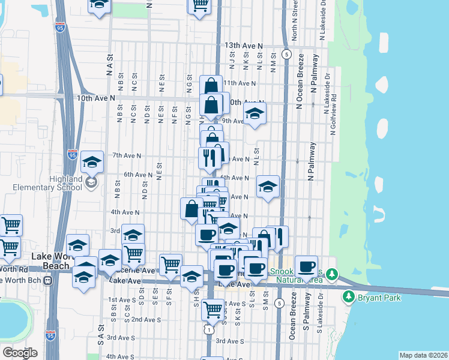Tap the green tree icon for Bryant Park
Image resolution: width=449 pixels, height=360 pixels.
(348, 296)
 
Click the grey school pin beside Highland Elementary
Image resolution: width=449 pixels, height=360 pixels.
(91, 182)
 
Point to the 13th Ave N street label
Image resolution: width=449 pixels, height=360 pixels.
(244, 46)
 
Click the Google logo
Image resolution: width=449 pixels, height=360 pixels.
(20, 352)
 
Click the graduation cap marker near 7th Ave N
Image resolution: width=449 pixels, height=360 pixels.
(92, 161)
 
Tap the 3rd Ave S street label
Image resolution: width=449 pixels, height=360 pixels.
(231, 341)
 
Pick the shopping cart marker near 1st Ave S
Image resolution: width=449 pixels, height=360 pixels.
(212, 310)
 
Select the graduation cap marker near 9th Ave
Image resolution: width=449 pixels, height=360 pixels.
(255, 113)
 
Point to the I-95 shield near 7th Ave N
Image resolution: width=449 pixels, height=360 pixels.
(72, 155)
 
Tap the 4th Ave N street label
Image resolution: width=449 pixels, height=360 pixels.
(125, 212)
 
